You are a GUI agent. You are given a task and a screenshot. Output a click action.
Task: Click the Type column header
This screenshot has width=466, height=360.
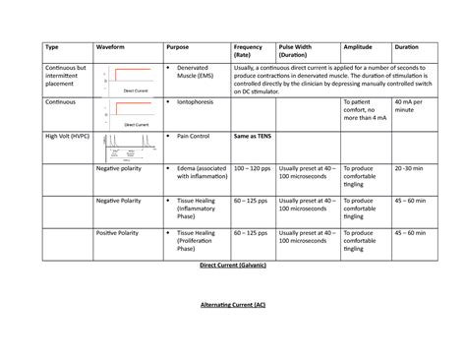[52, 47]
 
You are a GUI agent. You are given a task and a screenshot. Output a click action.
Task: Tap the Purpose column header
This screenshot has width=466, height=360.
[180, 47]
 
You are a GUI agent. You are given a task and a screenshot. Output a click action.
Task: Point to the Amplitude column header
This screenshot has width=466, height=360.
[359, 47]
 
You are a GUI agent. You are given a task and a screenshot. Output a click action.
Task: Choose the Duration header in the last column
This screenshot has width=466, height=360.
[407, 47]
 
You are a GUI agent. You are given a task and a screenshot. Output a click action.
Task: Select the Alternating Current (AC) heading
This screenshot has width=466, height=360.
[233, 305]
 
